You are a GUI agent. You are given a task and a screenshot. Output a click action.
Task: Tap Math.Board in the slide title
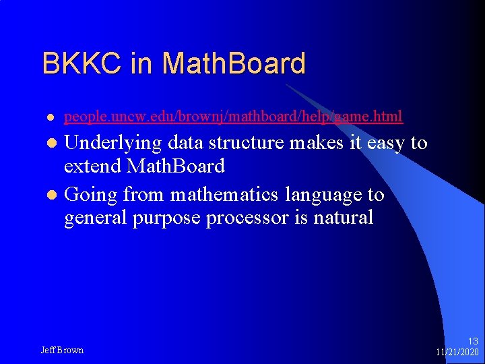point(234,63)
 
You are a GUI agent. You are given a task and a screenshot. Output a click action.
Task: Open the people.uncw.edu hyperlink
point(233,117)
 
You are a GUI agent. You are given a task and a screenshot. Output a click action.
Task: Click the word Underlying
point(113,143)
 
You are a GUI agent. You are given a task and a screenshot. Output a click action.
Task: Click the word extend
point(95,165)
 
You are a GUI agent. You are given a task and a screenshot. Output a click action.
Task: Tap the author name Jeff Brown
point(62,350)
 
